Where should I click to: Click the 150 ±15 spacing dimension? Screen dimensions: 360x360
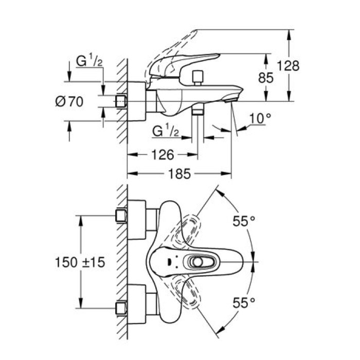(x=80, y=262)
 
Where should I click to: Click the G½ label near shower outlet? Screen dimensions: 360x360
(x=166, y=132)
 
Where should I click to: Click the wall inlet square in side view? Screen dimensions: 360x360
(x=121, y=101)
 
